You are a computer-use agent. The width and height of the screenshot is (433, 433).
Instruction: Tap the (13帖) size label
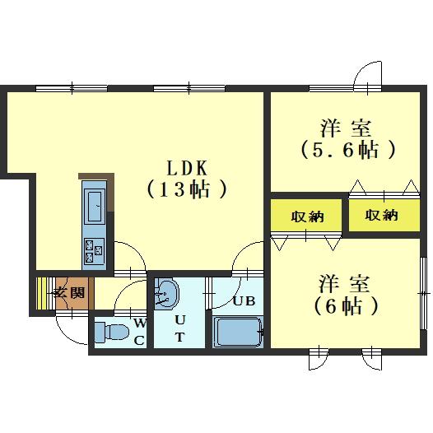(187, 189)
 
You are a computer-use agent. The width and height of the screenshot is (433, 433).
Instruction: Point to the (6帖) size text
(347, 306)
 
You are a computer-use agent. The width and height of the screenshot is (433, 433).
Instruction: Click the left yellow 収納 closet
(306, 217)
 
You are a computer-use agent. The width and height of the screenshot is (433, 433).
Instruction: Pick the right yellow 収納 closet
(381, 216)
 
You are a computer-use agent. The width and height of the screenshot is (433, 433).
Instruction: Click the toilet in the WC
(109, 333)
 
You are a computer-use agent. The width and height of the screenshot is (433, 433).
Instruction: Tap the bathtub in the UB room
(238, 333)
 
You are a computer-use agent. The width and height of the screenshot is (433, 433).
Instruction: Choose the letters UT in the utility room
(179, 327)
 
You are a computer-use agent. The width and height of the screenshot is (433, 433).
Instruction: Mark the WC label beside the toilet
(140, 331)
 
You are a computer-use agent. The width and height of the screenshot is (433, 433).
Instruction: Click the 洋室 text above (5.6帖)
(347, 128)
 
